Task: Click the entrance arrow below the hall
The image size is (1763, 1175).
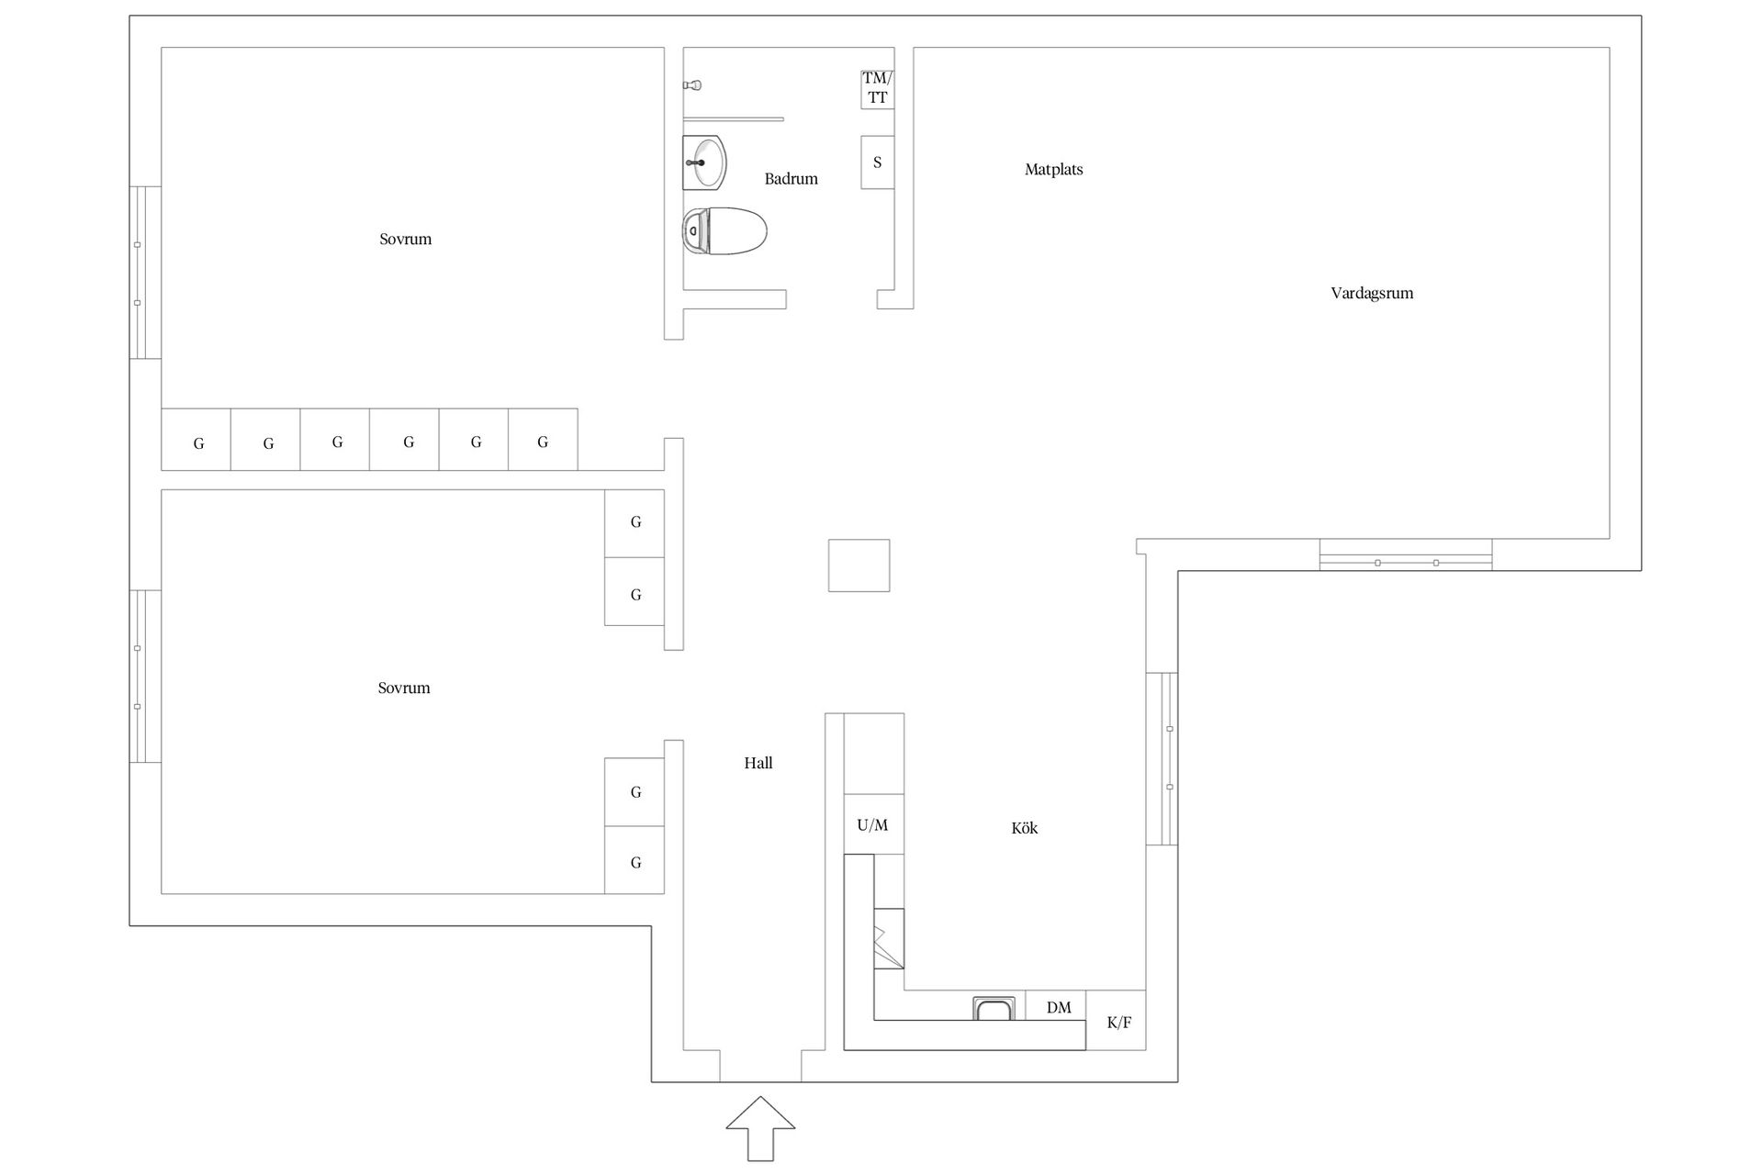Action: pyautogui.click(x=760, y=1128)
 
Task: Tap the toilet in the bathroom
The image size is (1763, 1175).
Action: pyautogui.click(x=724, y=230)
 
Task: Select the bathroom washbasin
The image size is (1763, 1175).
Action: pyautogui.click(x=705, y=162)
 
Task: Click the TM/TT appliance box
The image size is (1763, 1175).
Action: pyautogui.click(x=877, y=89)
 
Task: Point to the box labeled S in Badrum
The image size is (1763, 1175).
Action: pyautogui.click(x=877, y=162)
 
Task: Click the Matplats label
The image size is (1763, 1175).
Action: pyautogui.click(x=1053, y=170)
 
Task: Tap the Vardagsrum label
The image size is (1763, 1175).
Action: pyautogui.click(x=1372, y=294)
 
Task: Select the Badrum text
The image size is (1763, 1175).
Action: pyautogui.click(x=791, y=179)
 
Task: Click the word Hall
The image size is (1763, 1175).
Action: pyautogui.click(x=758, y=763)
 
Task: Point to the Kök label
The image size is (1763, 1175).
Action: pyautogui.click(x=1025, y=828)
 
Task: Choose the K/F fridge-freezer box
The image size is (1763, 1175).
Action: pyautogui.click(x=1117, y=1020)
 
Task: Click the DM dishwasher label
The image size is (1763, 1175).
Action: pyautogui.click(x=1059, y=1008)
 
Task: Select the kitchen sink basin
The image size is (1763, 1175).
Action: pyautogui.click(x=994, y=1008)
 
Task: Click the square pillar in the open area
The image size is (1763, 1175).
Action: pyautogui.click(x=859, y=565)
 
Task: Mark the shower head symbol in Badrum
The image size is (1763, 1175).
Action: pyautogui.click(x=693, y=85)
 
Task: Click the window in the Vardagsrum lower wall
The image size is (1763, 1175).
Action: pyautogui.click(x=1406, y=554)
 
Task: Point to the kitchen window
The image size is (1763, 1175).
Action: pyautogui.click(x=1162, y=758)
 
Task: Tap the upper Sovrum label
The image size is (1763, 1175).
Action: pyautogui.click(x=405, y=240)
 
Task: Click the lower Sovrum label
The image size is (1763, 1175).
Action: pyautogui.click(x=404, y=688)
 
